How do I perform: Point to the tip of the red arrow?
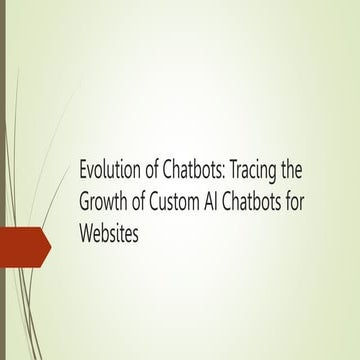point(51,243)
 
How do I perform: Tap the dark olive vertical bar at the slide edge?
point(3,180)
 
